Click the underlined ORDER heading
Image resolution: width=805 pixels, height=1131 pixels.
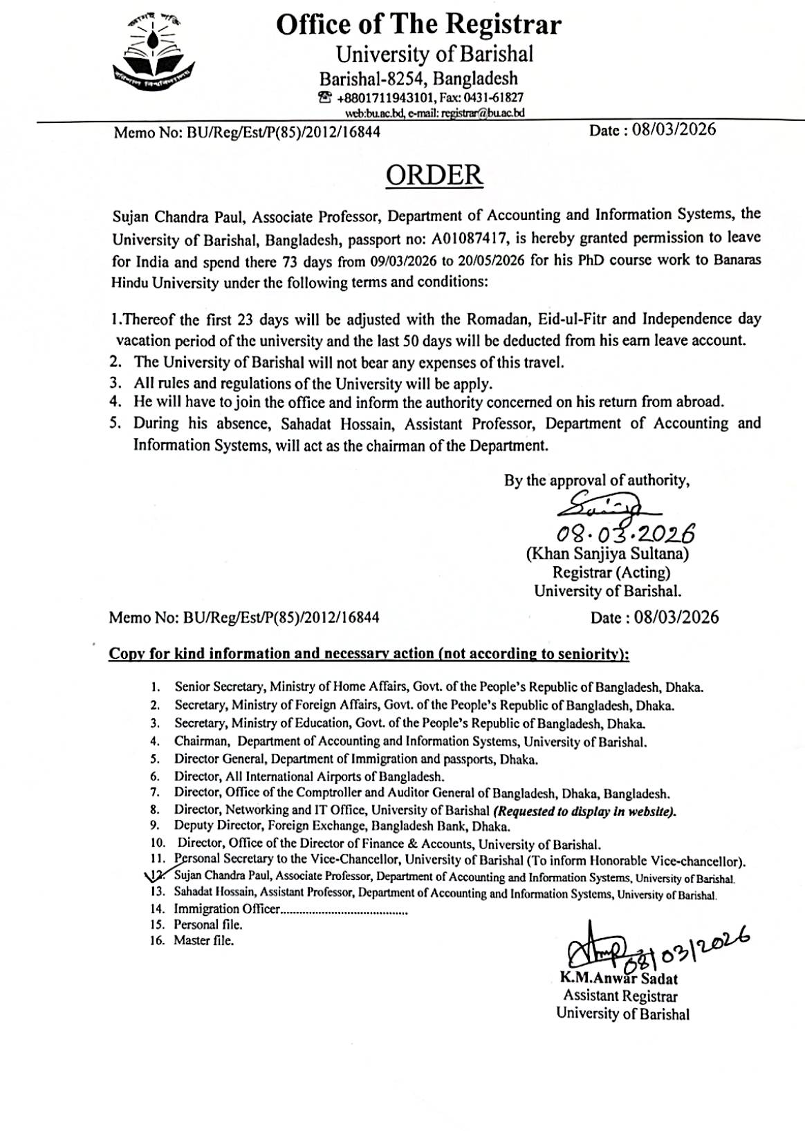click(434, 175)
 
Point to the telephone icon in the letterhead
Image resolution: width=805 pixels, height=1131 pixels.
click(324, 98)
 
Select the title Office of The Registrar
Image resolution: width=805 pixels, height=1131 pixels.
click(419, 26)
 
